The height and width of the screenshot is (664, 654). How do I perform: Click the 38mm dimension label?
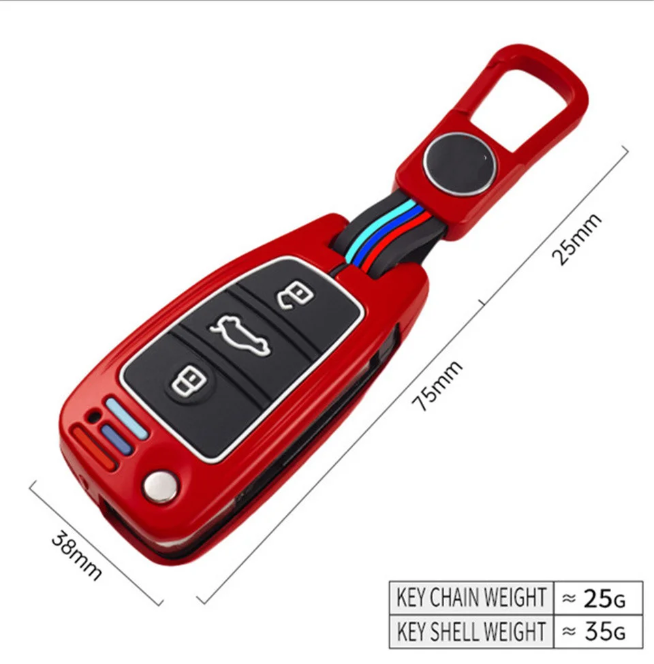77,556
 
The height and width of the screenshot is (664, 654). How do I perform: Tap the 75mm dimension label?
439,385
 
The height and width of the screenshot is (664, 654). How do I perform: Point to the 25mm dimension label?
576,239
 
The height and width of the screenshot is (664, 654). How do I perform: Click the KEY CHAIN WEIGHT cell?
471,597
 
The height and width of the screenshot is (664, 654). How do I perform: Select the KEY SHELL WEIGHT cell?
471,631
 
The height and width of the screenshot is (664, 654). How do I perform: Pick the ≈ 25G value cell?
597,597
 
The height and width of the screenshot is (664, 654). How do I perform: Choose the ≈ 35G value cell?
597,631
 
